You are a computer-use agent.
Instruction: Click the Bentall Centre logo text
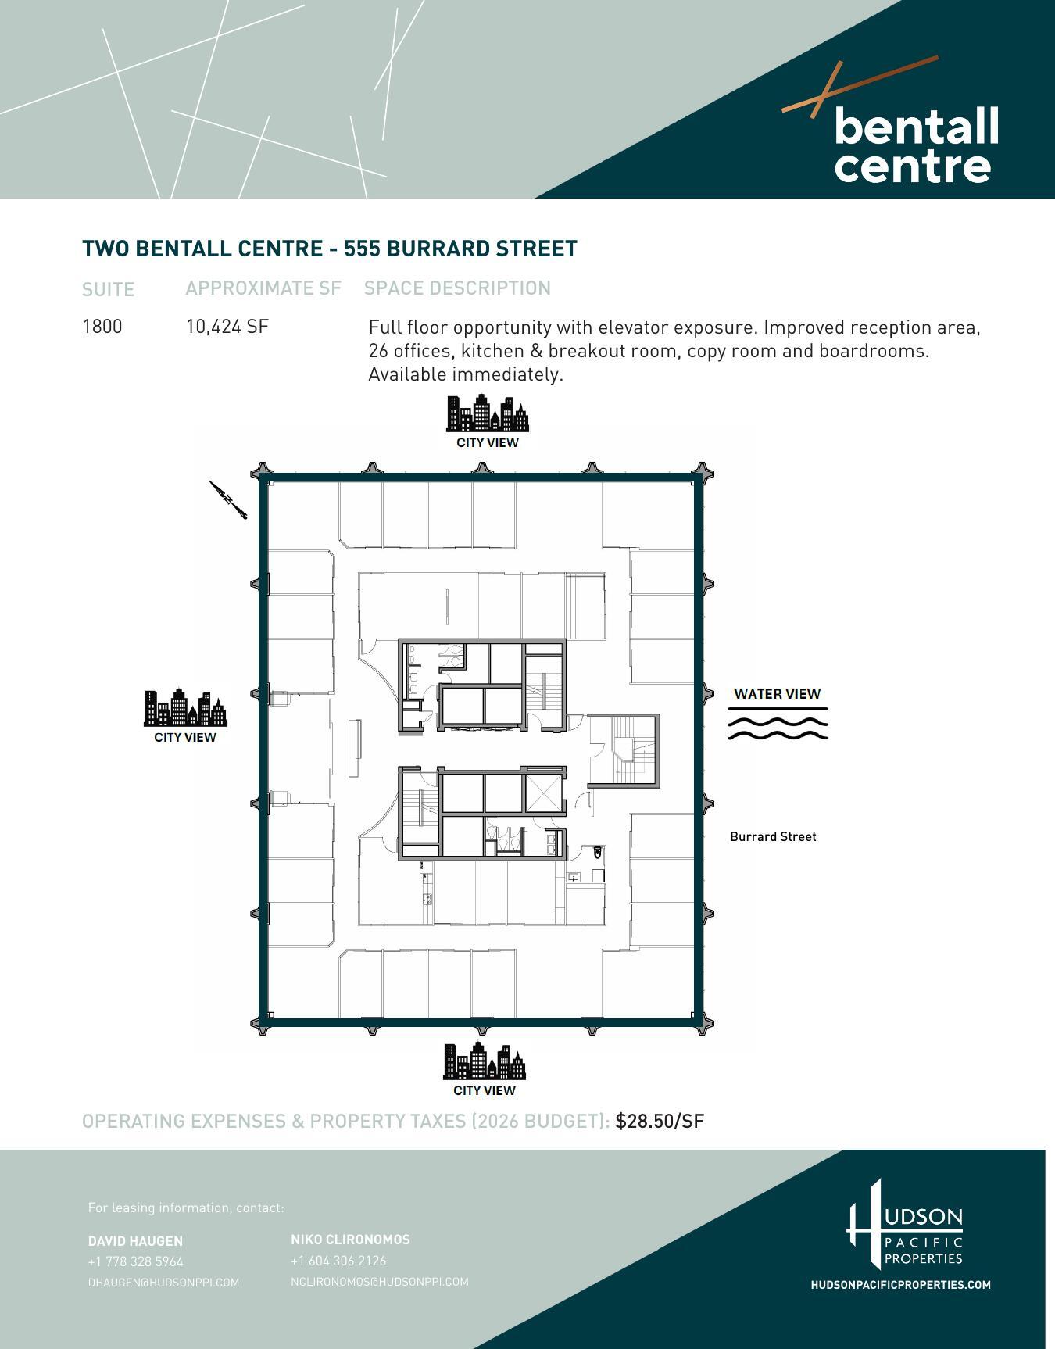[915, 145]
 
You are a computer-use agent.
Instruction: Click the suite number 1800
[102, 327]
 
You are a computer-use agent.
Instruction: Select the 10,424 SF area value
[227, 327]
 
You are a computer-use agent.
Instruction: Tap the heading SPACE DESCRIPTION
[457, 288]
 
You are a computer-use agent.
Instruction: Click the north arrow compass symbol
[228, 499]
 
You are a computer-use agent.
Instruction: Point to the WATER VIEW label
[777, 694]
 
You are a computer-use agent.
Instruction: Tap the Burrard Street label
[773, 836]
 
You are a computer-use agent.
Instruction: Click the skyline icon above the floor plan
[487, 413]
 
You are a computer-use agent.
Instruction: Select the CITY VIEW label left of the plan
[185, 737]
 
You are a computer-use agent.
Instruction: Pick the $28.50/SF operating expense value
[660, 1122]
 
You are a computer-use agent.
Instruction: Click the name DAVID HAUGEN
[135, 1241]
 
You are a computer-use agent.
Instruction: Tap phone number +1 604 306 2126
[338, 1261]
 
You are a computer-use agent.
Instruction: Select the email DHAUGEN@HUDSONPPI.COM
[163, 1283]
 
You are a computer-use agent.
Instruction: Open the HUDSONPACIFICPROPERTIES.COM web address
[900, 1285]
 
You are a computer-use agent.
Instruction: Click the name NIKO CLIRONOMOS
[350, 1240]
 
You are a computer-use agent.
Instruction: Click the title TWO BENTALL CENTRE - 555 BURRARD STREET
[330, 249]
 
